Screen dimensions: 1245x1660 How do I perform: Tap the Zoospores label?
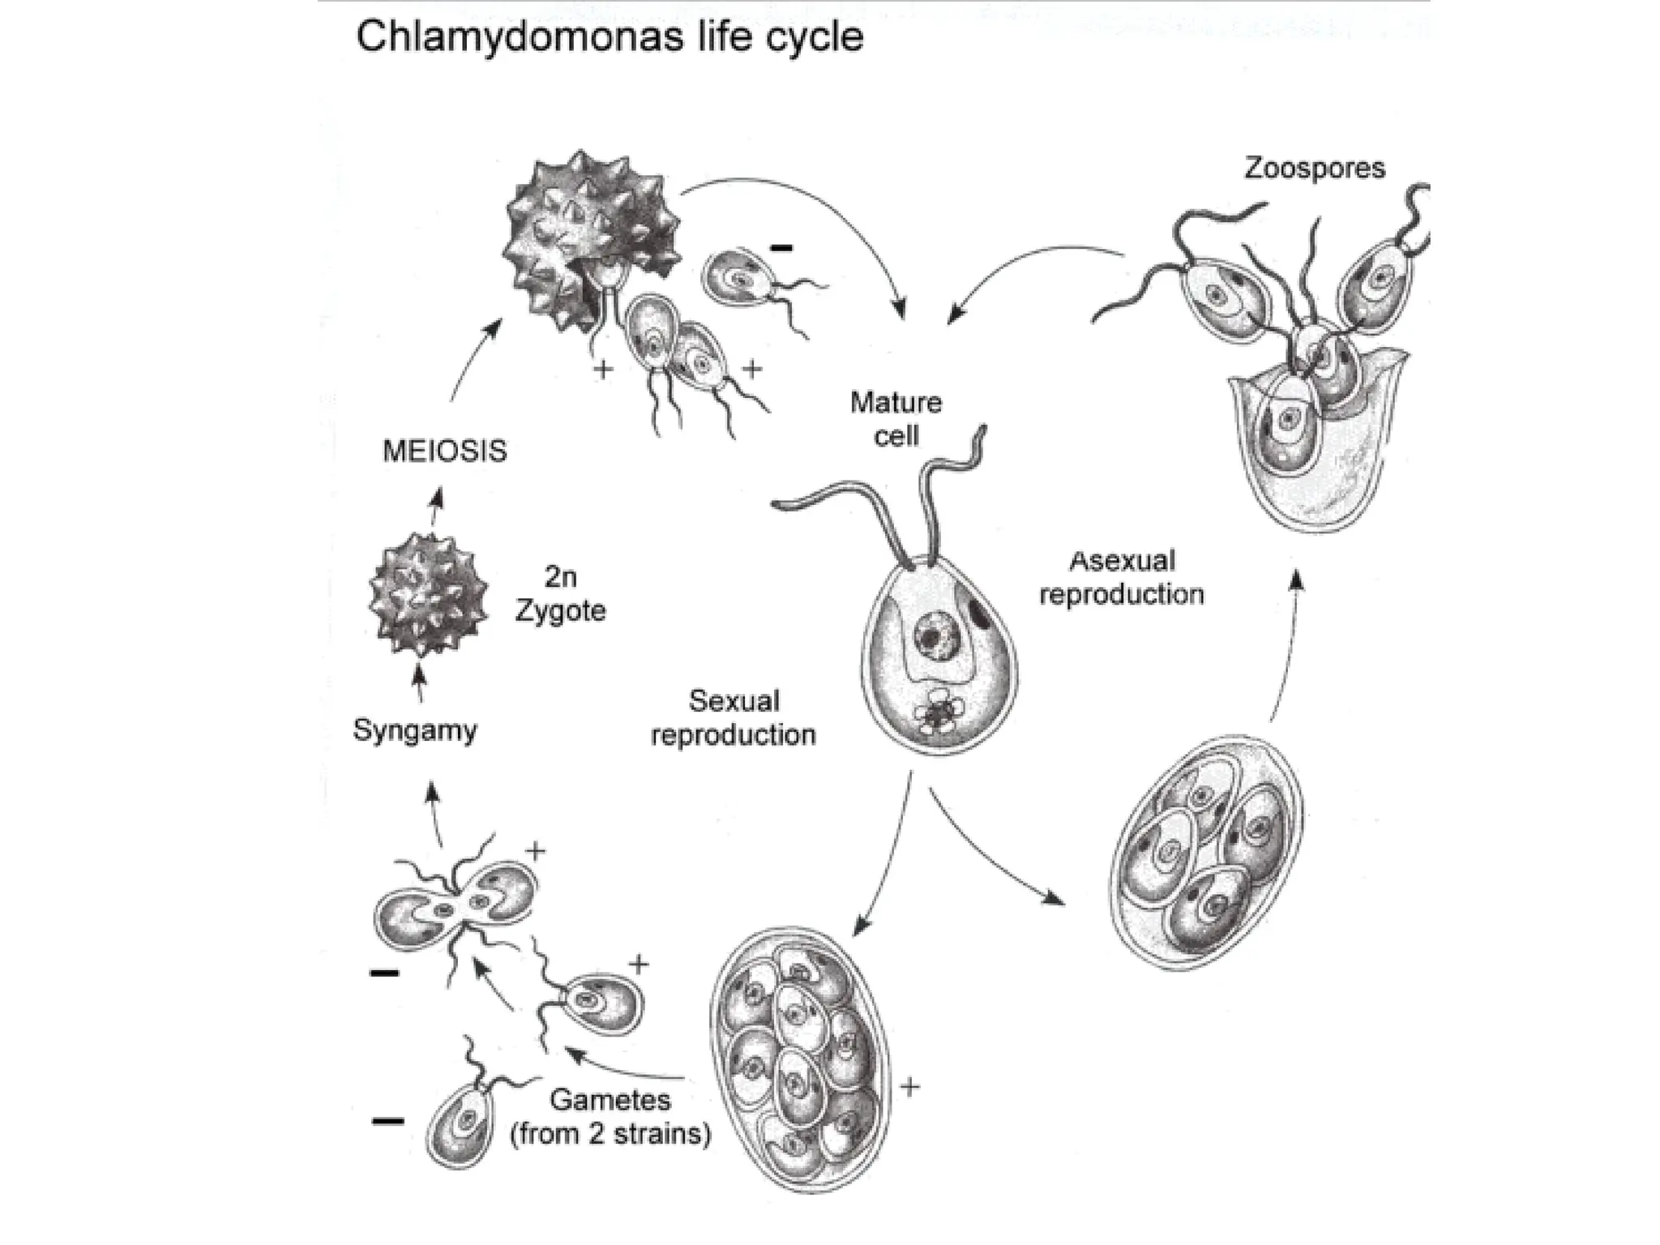pos(1314,168)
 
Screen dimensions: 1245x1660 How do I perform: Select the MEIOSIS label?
pos(444,451)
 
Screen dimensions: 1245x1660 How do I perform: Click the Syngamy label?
pos(414,730)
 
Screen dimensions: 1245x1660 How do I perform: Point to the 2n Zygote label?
pos(560,594)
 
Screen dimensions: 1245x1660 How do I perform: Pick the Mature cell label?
pos(896,419)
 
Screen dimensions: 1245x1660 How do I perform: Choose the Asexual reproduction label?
pos(1121,578)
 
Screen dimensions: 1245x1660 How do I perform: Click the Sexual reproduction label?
pos(733,718)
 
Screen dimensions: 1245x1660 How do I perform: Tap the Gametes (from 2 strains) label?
pos(610,1117)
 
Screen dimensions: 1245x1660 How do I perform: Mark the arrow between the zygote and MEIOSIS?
pos(436,506)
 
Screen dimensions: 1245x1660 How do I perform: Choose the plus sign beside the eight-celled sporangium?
pos(909,1087)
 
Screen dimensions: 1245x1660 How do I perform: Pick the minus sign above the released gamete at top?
pos(781,248)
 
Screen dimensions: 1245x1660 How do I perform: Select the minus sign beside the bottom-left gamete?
pos(387,1122)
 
